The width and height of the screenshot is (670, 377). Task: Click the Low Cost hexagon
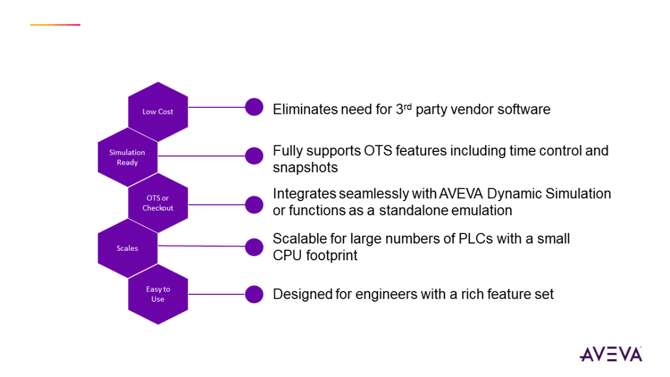click(x=158, y=112)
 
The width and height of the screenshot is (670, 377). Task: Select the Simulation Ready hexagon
click(x=127, y=158)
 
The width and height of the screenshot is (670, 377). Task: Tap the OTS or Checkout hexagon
click(x=158, y=203)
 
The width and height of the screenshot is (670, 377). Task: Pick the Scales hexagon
click(x=127, y=248)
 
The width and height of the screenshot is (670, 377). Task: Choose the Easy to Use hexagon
click(x=158, y=294)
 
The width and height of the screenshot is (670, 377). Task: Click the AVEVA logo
click(x=611, y=354)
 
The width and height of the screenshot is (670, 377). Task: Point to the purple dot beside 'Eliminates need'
click(x=254, y=107)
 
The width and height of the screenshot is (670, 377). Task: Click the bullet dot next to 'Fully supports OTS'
click(x=254, y=156)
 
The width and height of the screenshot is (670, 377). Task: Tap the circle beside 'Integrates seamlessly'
click(x=254, y=204)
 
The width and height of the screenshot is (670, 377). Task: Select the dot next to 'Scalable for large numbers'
click(x=254, y=246)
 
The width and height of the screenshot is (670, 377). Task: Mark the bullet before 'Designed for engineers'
click(x=254, y=294)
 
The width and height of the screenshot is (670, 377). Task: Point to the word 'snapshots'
click(x=305, y=168)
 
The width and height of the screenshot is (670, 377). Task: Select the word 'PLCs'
click(x=469, y=239)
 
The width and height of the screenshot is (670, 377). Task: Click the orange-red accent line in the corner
click(x=55, y=25)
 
